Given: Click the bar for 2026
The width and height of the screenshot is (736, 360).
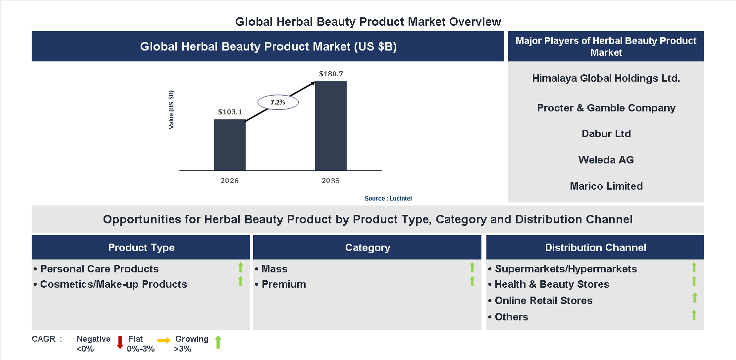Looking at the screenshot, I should tap(229, 145).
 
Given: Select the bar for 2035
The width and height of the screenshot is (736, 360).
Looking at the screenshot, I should tap(330, 125).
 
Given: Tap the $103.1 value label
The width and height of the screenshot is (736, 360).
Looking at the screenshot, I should tap(230, 112).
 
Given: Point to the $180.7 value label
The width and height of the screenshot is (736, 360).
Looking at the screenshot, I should tap(331, 74).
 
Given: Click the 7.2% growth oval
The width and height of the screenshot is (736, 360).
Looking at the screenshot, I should tap(277, 103).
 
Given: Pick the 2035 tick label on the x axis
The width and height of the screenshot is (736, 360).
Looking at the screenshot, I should tap(330, 181).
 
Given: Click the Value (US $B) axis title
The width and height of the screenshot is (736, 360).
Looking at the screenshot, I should tap(171, 110).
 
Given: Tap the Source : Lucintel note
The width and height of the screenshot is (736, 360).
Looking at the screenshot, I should tap(388, 198).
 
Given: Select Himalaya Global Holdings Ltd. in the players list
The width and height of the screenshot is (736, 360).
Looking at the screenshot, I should tap(606, 78).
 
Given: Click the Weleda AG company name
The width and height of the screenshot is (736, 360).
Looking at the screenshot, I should tap(606, 160).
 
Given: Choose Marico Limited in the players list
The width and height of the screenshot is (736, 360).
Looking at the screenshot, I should tap(606, 186).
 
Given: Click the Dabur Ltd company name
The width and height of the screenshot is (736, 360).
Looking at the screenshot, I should tap(606, 134).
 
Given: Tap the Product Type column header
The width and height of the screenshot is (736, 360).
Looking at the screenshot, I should tap(141, 248).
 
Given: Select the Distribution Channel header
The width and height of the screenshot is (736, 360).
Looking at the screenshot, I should tap(595, 248).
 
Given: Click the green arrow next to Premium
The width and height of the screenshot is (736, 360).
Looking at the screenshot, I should tap(472, 282).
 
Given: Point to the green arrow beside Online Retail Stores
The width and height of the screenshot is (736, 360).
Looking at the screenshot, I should tap(694, 298).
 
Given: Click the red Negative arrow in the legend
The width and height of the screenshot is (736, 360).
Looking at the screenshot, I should tap(120, 342).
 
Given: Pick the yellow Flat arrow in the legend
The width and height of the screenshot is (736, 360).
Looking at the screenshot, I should tap(164, 340).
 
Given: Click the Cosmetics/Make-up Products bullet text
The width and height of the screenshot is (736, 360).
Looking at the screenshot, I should tap(113, 284).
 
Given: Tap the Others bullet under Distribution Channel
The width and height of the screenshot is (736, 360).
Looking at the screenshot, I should tap(511, 317).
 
